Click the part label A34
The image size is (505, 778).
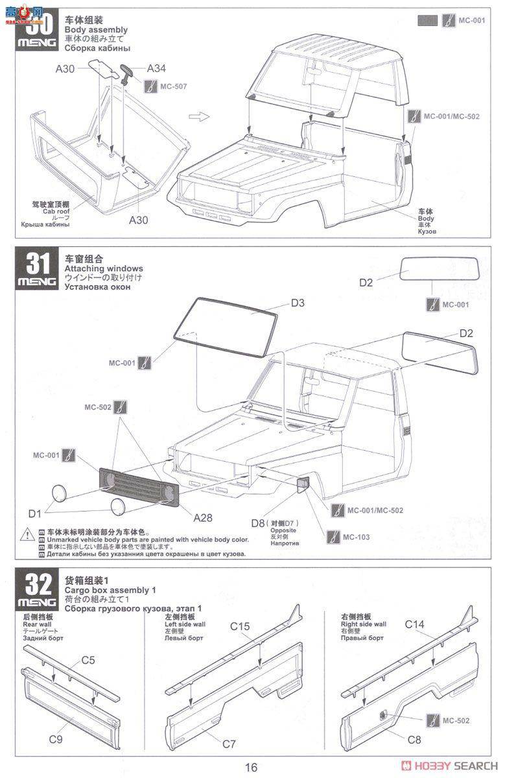point(157,68)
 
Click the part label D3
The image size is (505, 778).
point(298,303)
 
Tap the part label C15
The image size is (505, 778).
point(240,626)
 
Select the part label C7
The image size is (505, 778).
point(229,744)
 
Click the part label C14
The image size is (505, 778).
point(415,624)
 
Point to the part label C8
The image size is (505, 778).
point(415,738)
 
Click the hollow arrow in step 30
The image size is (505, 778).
point(197,117)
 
